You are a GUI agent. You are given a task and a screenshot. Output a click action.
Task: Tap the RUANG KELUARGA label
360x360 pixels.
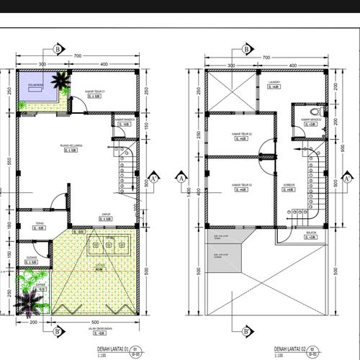pyautogui.click(x=70, y=145)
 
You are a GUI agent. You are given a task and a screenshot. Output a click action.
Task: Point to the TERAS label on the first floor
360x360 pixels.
pyautogui.click(x=40, y=223)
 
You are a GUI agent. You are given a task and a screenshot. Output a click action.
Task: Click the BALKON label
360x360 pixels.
pyautogui.click(x=310, y=233)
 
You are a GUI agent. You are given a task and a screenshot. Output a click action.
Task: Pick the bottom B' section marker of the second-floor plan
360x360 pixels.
pyautogui.click(x=246, y=331)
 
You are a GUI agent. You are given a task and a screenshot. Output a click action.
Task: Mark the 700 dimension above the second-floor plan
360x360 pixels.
pyautogui.click(x=265, y=57)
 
